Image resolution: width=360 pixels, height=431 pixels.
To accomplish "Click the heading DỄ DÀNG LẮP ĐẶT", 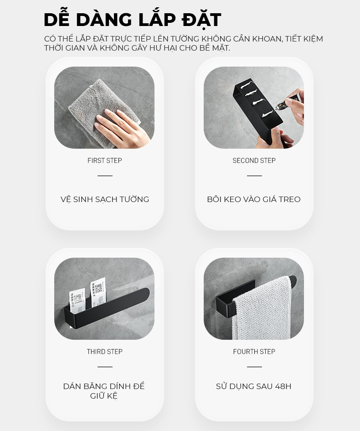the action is pos(132,19).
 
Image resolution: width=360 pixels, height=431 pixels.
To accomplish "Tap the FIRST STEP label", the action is pos(105,160).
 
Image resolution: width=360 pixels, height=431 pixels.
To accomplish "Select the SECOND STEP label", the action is pos(254,160).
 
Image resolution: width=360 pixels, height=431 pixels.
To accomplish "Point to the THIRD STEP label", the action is pos(105,351).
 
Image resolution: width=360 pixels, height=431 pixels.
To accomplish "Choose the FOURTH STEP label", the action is pos(254,351).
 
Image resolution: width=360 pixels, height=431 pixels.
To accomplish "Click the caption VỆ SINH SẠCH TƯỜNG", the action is pos(105,199).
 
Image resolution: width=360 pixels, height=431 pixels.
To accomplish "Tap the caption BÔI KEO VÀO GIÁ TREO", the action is pos(254,199).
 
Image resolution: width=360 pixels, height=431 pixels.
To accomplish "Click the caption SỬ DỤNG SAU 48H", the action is pos(253,386).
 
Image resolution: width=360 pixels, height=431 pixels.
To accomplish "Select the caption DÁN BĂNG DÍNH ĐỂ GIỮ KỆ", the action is pos(104,391).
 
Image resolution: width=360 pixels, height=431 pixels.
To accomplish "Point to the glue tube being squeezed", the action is pos(287,102).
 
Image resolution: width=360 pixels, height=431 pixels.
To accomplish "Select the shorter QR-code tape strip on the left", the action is pos(77,301).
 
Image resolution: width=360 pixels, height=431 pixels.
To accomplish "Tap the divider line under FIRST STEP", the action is pos(105,176).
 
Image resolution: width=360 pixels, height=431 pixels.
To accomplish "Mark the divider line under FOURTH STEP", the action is pos(254,367).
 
